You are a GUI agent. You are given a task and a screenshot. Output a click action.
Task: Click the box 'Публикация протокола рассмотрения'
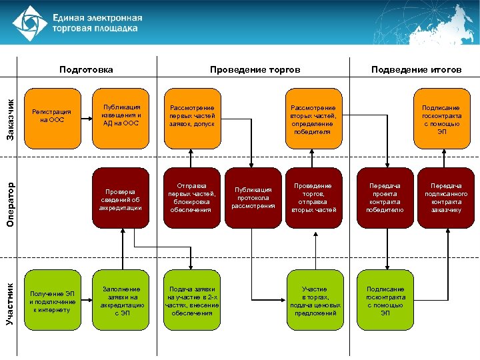tap(253, 198)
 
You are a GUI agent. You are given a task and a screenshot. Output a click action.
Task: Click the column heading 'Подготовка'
tap(86, 69)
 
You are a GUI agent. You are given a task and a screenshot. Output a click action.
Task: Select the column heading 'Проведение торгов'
tap(255, 69)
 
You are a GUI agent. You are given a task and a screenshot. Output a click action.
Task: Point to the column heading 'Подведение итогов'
tap(416, 69)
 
